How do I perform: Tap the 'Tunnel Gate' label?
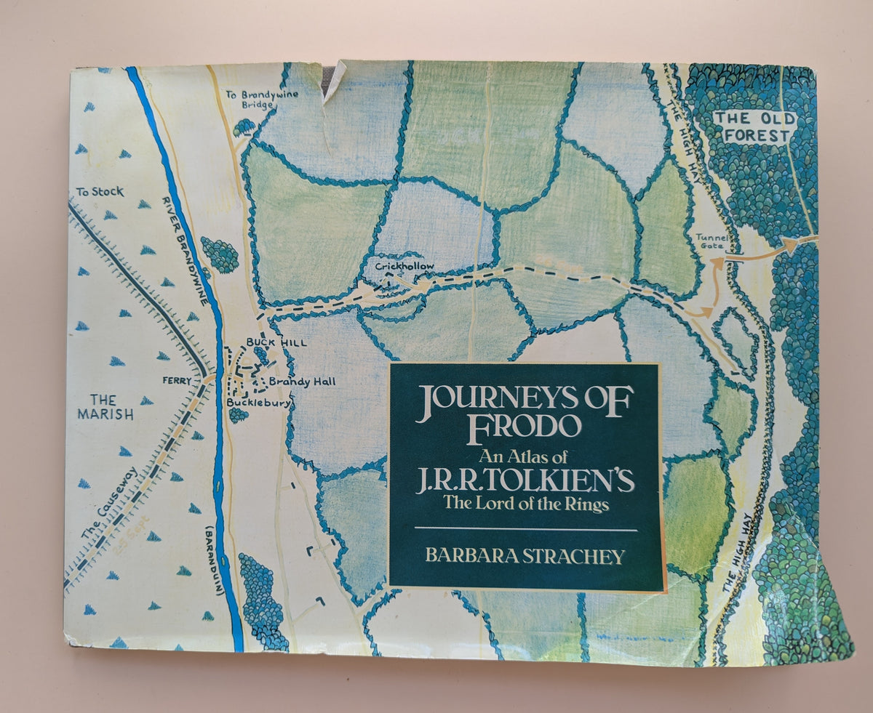pos(711,241)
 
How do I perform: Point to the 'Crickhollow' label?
pos(404,267)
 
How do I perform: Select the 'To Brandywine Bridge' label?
pos(251,100)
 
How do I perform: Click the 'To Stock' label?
pos(99,192)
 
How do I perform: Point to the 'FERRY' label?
pos(177,379)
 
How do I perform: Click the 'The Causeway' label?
pos(100,515)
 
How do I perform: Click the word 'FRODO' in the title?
pos(524,426)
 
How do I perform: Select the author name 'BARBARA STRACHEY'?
pos(525,557)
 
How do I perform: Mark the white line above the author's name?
pos(525,530)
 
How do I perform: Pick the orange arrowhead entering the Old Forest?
pos(790,246)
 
